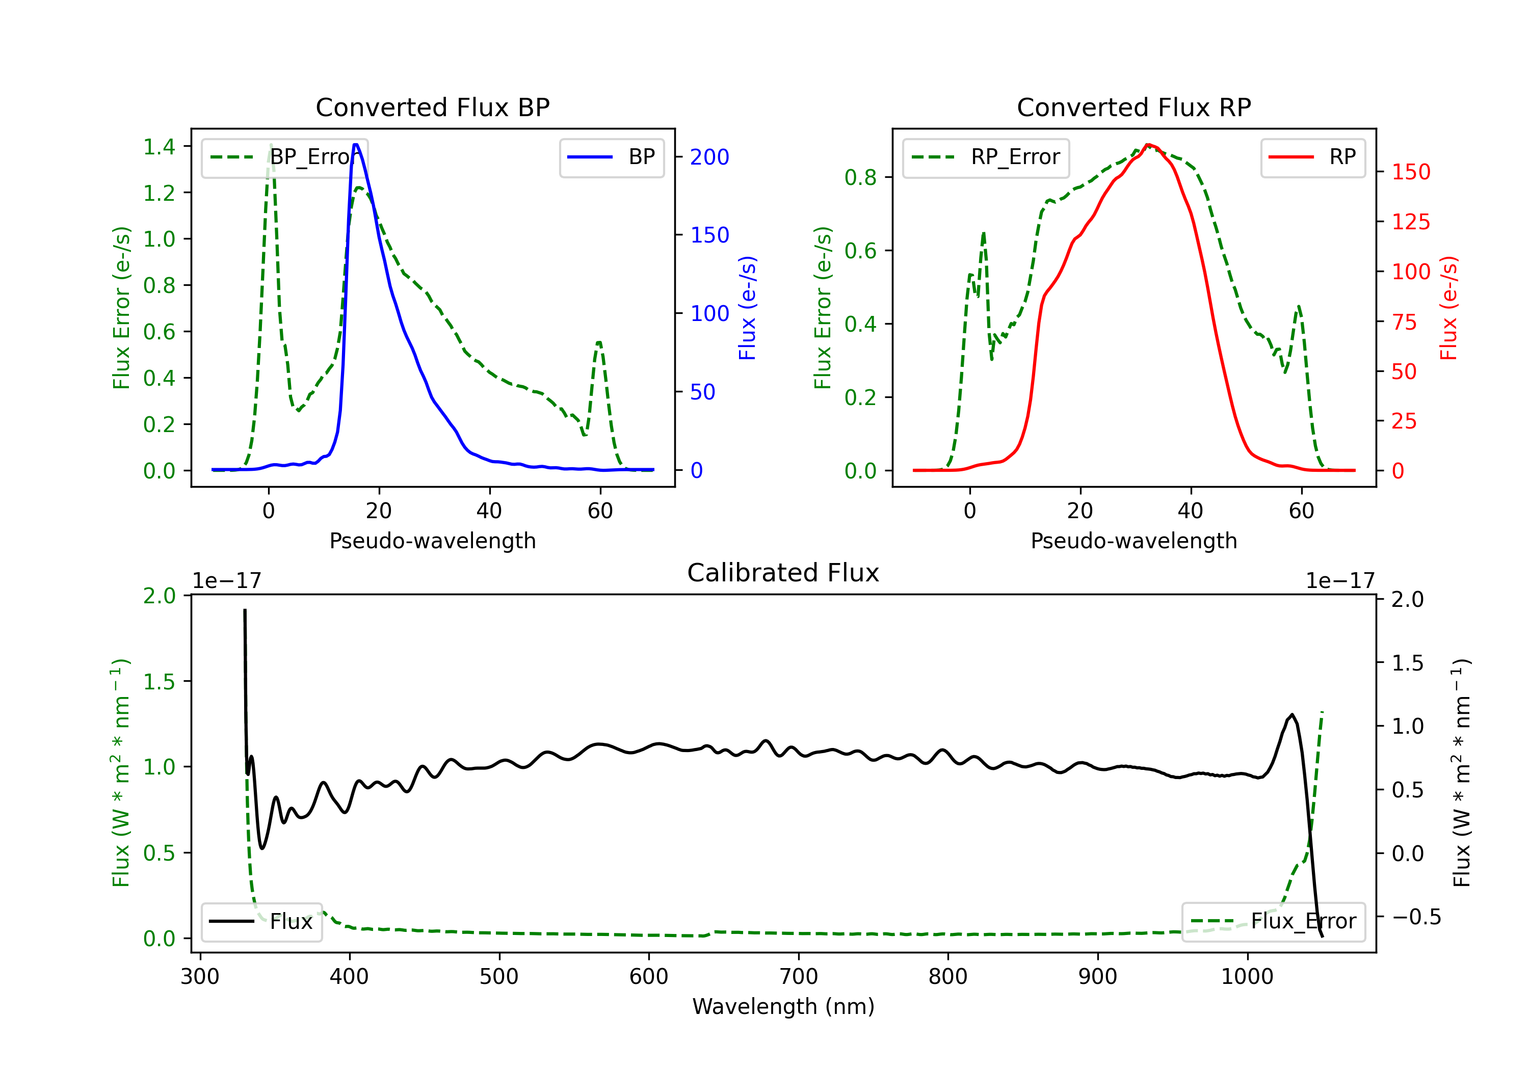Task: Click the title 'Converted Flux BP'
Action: [x=432, y=107]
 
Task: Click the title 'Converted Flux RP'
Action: [x=1133, y=107]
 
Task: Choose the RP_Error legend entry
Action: [x=986, y=157]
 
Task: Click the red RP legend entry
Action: [x=1312, y=157]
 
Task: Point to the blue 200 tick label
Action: [x=709, y=157]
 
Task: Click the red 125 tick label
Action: [x=1410, y=222]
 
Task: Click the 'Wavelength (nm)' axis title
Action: [x=783, y=1006]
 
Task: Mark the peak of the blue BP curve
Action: [x=356, y=145]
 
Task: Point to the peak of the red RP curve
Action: [x=1147, y=145]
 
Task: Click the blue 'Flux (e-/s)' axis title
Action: [x=747, y=308]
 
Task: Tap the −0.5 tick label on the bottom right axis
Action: [x=1416, y=917]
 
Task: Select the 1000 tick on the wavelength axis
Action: [x=1247, y=976]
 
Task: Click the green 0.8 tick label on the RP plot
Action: [x=860, y=177]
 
